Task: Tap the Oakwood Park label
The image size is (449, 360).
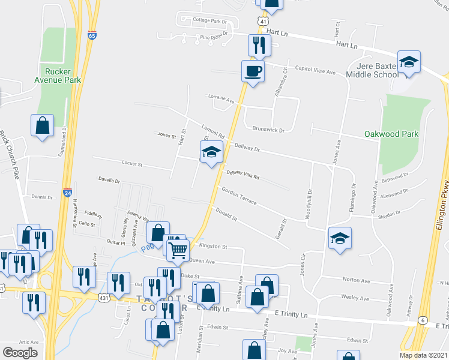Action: coord(391,134)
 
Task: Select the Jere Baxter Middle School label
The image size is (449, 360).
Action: coord(372,70)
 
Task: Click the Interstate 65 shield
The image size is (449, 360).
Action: coord(92,35)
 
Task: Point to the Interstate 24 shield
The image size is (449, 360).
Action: coord(67,193)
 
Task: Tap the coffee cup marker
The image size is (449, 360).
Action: coord(253,71)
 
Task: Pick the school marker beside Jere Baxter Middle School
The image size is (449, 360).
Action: coord(409,62)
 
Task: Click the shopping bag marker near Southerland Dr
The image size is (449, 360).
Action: coord(42,125)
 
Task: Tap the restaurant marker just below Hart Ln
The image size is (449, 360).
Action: coord(259,44)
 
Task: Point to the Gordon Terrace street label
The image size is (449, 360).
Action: coord(239,196)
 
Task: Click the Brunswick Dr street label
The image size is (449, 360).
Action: coord(268,129)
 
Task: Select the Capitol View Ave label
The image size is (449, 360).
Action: coord(314,71)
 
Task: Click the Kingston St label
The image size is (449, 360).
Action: coord(213,246)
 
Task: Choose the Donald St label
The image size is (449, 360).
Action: coord(227,215)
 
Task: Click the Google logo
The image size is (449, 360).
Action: coord(19,353)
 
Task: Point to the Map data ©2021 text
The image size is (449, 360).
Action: coord(423,355)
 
